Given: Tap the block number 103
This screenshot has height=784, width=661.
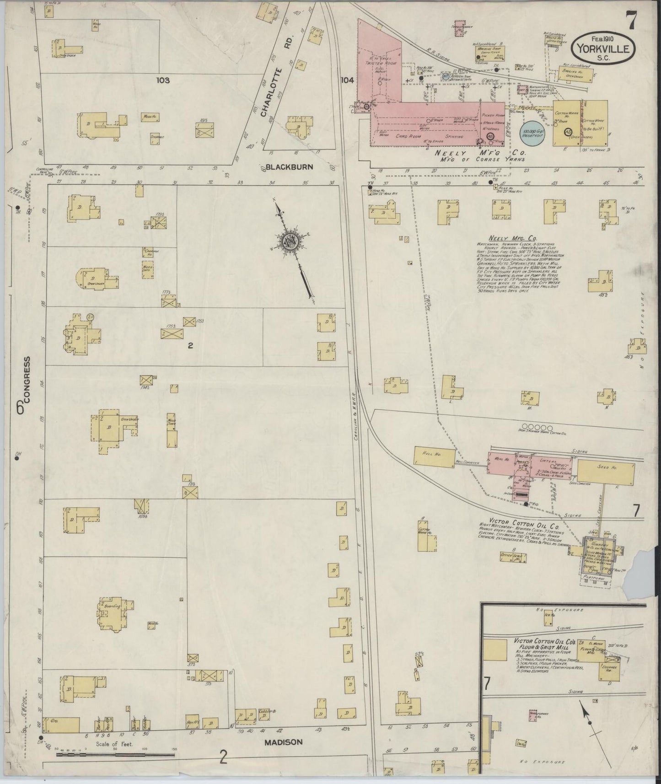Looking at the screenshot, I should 162,81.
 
